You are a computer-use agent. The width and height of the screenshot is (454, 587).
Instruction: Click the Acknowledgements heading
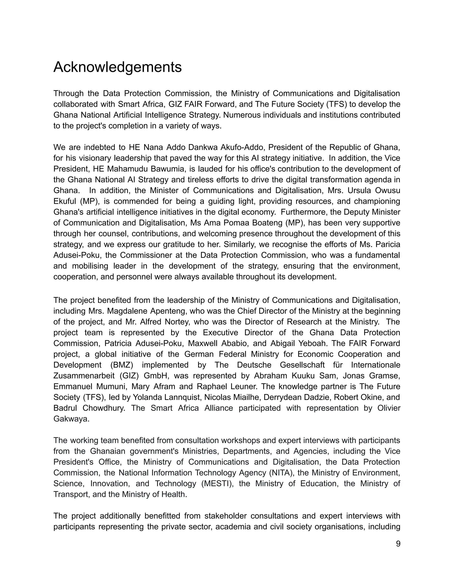117,67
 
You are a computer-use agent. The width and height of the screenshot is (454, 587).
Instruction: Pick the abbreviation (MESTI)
217,484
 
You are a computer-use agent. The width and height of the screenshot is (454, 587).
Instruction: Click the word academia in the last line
233,527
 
